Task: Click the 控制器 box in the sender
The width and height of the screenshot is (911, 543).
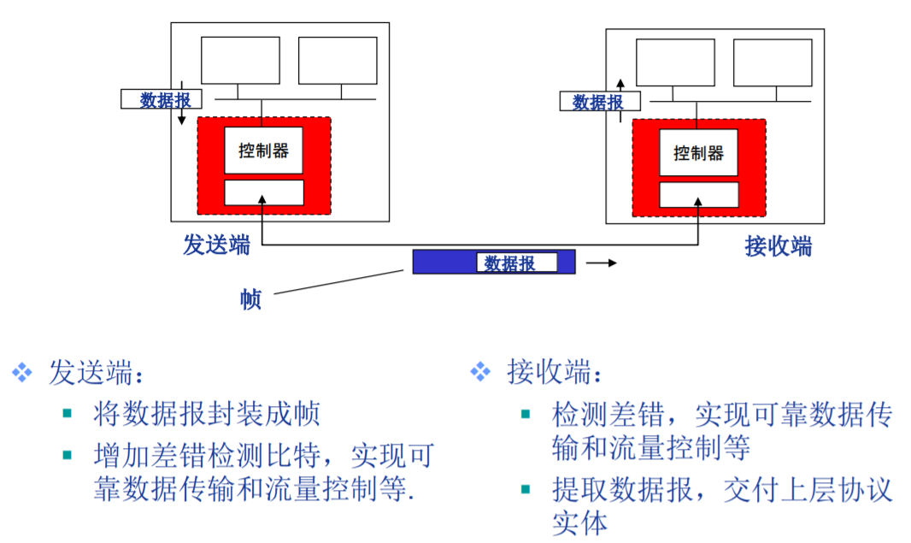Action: (x=263, y=151)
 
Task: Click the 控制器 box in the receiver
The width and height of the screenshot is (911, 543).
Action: (x=698, y=152)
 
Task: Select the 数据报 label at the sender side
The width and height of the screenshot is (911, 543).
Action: (x=165, y=100)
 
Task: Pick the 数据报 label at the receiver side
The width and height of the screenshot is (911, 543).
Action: (x=597, y=102)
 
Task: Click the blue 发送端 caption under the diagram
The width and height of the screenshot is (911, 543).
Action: (x=217, y=245)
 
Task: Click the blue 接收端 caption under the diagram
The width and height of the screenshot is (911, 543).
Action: (x=778, y=247)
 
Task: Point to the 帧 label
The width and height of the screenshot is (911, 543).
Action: (x=250, y=299)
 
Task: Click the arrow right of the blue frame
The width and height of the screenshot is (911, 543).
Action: (x=601, y=263)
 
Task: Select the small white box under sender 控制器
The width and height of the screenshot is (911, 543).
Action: (x=263, y=192)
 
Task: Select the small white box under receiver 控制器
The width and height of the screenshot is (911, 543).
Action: (x=698, y=194)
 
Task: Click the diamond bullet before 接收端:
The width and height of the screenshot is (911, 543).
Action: (x=480, y=372)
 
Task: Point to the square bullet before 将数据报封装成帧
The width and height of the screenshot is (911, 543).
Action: (x=68, y=414)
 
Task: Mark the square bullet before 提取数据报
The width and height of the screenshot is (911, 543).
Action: (x=526, y=489)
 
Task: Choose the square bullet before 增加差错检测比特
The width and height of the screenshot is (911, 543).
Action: (x=68, y=453)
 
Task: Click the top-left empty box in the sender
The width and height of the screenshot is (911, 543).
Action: (x=240, y=60)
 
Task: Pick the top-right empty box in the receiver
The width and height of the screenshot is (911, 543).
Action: (x=773, y=62)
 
